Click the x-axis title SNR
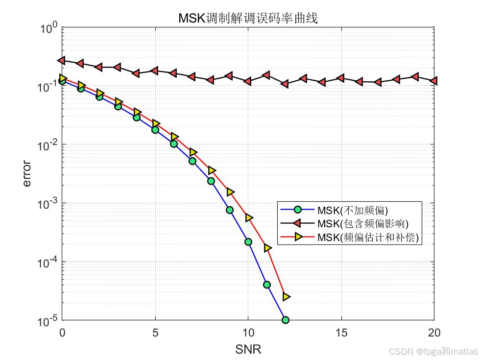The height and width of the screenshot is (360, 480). point(248,349)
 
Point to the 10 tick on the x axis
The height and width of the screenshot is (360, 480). point(248,333)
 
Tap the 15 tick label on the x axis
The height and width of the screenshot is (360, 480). point(341,333)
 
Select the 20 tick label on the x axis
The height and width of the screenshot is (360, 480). point(434,333)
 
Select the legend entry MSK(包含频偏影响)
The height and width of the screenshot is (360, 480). point(362,224)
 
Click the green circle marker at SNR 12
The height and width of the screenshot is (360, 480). point(285,320)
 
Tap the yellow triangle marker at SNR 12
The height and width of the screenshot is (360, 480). point(287,296)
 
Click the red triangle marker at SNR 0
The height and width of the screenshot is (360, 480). point(62,60)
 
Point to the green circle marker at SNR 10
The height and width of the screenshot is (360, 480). point(248,241)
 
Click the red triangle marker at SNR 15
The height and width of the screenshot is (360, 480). point(340,78)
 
